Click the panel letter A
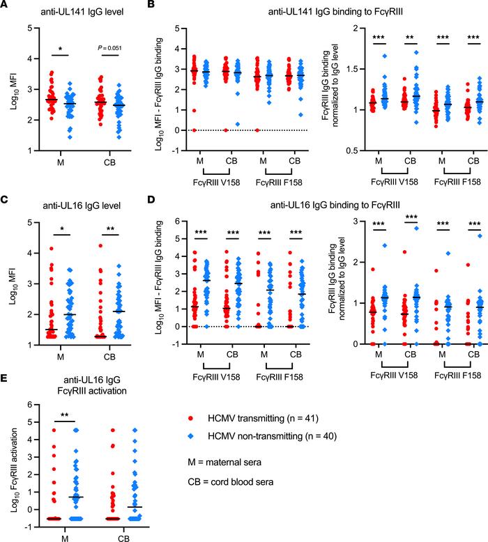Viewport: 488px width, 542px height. click(x=6, y=6)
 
